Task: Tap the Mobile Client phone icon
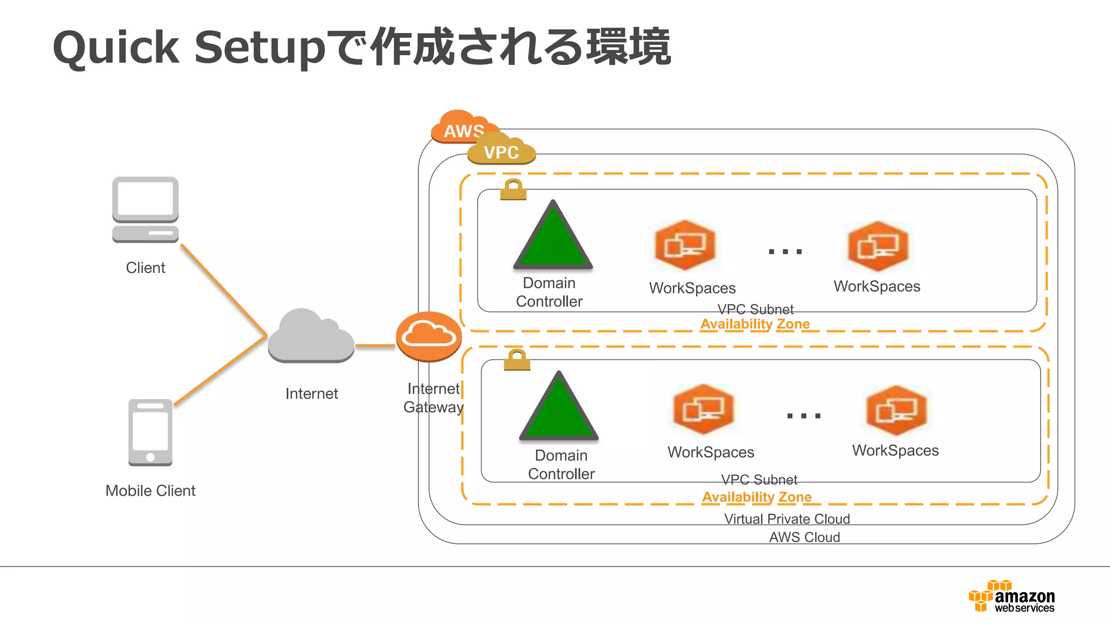[x=150, y=432]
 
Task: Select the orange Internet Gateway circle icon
[x=429, y=336]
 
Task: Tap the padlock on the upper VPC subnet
[x=513, y=190]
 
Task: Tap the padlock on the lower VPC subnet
[x=517, y=360]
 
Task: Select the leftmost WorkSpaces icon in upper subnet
[x=685, y=245]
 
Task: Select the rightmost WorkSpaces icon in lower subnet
[x=896, y=410]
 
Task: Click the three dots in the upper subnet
[x=785, y=251]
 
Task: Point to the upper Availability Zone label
[x=755, y=324]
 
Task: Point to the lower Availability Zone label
[x=757, y=497]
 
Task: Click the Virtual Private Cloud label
[x=787, y=519]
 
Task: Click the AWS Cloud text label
[x=804, y=537]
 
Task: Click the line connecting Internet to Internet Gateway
[x=375, y=345]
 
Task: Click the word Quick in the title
[x=116, y=48]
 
